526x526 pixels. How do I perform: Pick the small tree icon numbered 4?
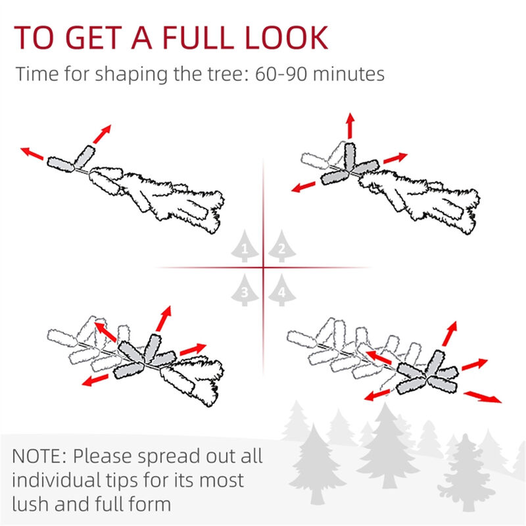point(281,289)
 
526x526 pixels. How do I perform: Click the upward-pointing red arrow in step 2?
point(350,125)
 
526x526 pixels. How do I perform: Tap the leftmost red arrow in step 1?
point(32,154)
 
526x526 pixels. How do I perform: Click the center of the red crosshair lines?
point(263,268)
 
